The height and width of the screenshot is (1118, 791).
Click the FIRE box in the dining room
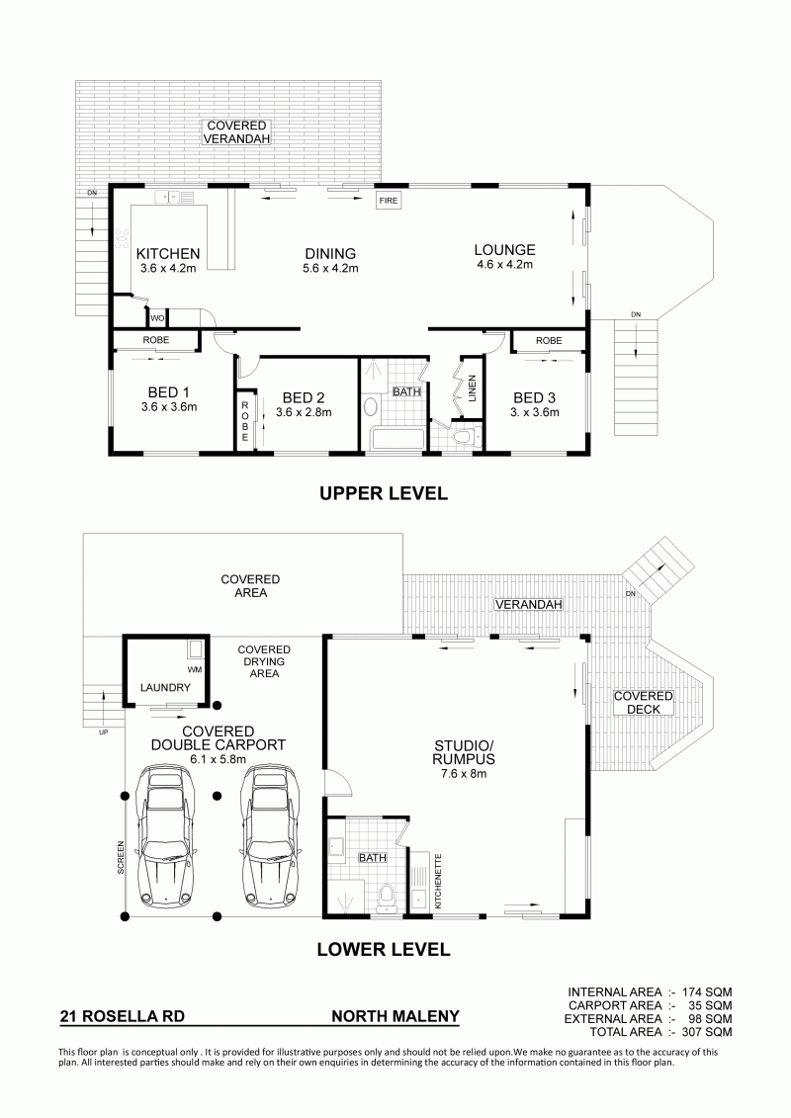(x=388, y=201)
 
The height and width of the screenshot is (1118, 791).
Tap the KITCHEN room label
(x=168, y=254)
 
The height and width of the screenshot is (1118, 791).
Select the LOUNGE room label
(x=505, y=250)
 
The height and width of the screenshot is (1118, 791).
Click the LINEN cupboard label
(x=472, y=387)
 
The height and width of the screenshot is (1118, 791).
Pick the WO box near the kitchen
(x=156, y=317)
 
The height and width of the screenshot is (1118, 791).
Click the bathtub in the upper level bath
(x=396, y=438)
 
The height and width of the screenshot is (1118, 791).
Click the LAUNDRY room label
(x=165, y=687)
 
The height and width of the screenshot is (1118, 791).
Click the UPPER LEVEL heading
(x=383, y=492)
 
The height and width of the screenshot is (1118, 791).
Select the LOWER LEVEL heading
(x=383, y=949)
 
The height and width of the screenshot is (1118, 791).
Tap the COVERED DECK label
(x=644, y=702)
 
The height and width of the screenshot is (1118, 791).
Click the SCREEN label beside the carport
(x=121, y=858)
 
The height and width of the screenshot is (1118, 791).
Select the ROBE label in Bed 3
(x=549, y=341)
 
